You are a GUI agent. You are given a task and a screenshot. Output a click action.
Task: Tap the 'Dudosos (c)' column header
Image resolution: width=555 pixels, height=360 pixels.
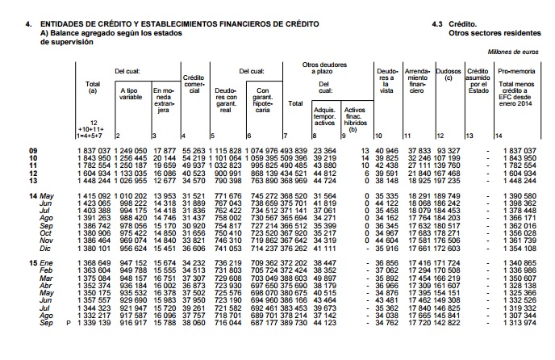[449, 75]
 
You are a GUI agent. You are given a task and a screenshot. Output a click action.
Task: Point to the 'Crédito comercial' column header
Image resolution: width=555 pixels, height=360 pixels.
[194, 83]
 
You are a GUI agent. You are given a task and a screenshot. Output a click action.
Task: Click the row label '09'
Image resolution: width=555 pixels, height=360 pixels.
[33, 151]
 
